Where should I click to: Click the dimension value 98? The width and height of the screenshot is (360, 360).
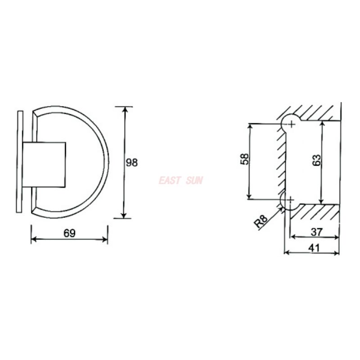click(132, 162)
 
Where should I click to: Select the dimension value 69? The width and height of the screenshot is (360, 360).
click(69, 233)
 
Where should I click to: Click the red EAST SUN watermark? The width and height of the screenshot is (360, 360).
click(181, 180)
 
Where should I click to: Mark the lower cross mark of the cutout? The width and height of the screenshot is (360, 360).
click(291, 199)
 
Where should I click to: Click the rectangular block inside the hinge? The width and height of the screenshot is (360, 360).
click(44, 164)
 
